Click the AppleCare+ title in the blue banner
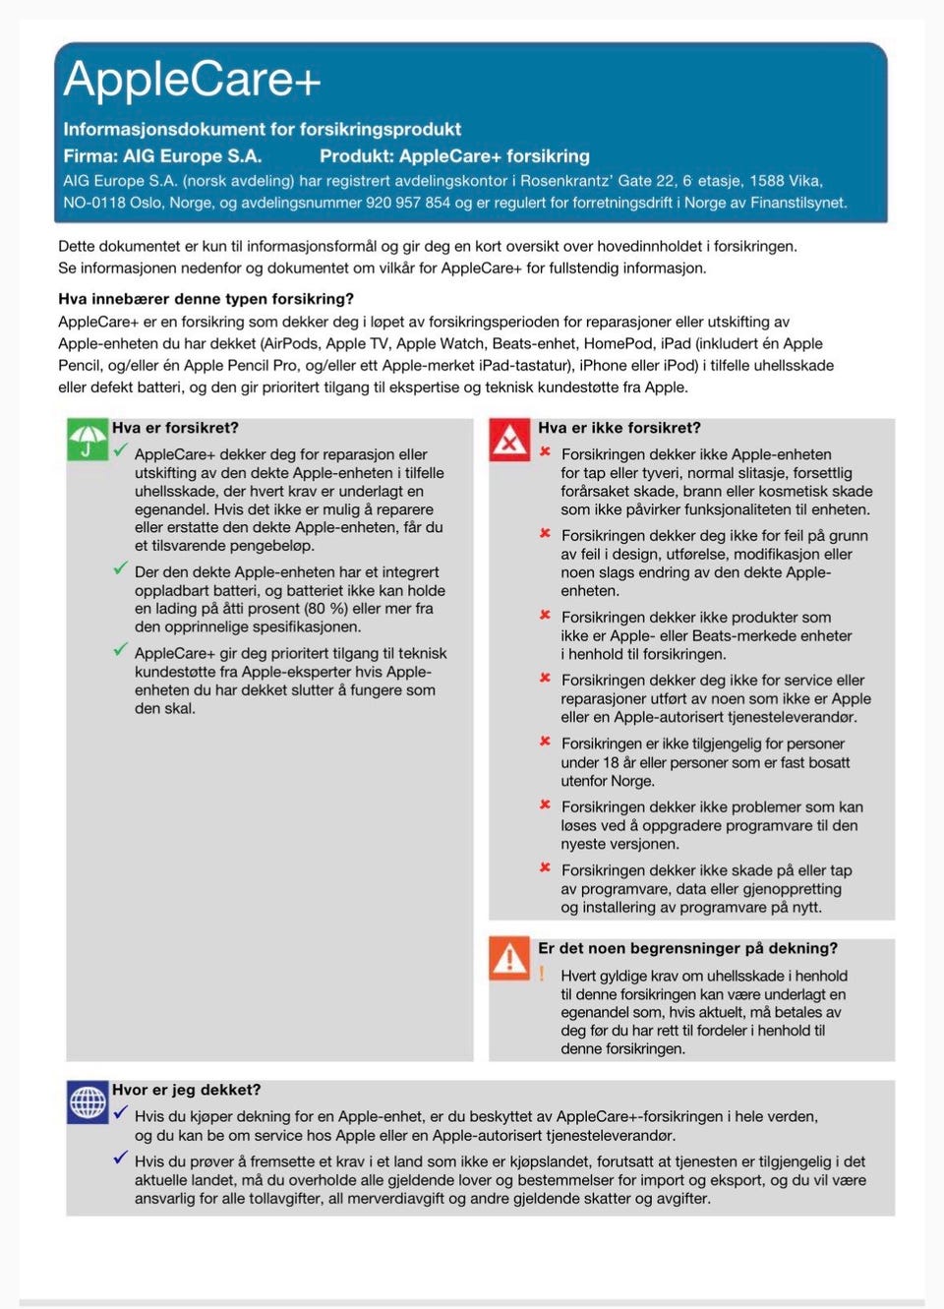pyautogui.click(x=192, y=79)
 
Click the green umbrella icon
pyautogui.click(x=88, y=440)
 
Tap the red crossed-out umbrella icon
pyautogui.click(x=509, y=440)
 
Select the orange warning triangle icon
pyautogui.click(x=509, y=958)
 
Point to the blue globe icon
pyautogui.click(x=88, y=1101)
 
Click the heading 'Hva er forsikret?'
pyautogui.click(x=175, y=428)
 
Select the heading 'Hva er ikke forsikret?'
pyautogui.click(x=619, y=428)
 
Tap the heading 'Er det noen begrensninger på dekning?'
pyautogui.click(x=687, y=948)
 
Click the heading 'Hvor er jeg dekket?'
pyautogui.click(x=186, y=1090)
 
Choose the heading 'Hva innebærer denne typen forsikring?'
pyautogui.click(x=206, y=299)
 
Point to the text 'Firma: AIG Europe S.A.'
pyautogui.click(x=162, y=155)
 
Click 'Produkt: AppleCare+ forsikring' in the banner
pyautogui.click(x=454, y=155)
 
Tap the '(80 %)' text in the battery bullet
pyautogui.click(x=322, y=609)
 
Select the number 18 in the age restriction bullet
pyautogui.click(x=611, y=762)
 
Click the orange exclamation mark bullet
pyautogui.click(x=542, y=974)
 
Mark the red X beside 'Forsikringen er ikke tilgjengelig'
pyautogui.click(x=544, y=742)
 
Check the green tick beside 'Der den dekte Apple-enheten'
pyautogui.click(x=120, y=568)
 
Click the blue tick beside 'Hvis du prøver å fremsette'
pyautogui.click(x=120, y=1158)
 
